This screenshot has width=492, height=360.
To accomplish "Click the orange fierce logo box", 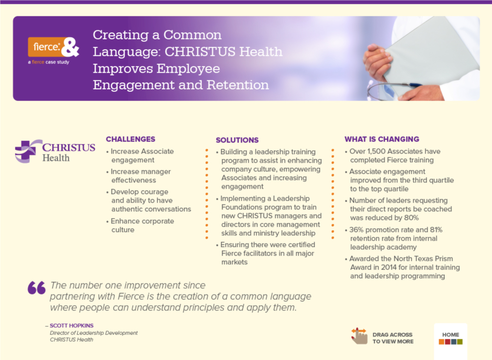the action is coord(47,47).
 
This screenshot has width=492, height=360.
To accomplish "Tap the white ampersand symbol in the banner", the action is coord(70,47).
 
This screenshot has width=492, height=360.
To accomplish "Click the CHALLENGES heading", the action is coord(130,139).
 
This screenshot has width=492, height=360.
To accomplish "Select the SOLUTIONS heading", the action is coord(237,140).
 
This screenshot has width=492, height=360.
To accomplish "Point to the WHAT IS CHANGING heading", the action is coord(382,139).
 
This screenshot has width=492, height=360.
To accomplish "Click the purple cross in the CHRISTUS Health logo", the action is coord(25,151).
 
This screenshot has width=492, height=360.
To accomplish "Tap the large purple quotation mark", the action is coord(37,288).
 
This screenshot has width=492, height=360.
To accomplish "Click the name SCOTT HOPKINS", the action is coord(72,326).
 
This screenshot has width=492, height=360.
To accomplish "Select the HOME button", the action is coord(451,338).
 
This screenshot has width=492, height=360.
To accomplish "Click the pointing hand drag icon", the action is coord(359,336).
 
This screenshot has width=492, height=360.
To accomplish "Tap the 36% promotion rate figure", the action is coord(356,230).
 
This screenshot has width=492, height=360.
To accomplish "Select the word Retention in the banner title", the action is coord(238,85).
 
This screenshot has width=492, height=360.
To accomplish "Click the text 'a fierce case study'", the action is coord(49,62).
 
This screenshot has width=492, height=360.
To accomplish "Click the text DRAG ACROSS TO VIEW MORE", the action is coord(393,338).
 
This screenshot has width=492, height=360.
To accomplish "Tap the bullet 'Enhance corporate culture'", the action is coord(140,226).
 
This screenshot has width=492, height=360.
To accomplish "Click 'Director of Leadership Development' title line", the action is coord(93,333).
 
